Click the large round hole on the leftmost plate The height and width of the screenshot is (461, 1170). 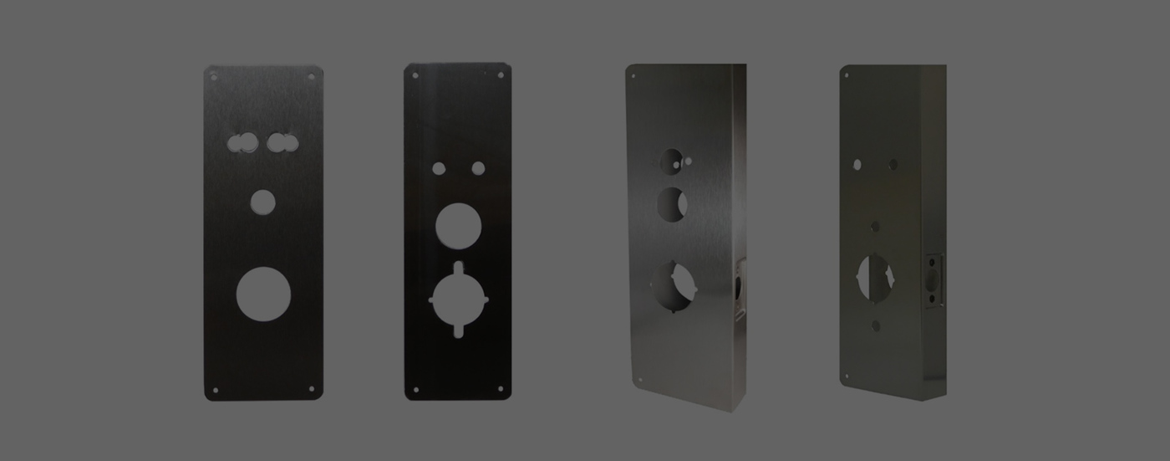click(263, 295)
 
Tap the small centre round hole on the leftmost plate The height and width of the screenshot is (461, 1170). click(262, 202)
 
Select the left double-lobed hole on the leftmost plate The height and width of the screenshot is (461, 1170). click(242, 142)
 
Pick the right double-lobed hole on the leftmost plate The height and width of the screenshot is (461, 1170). click(282, 142)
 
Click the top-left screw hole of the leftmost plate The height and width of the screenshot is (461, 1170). click(214, 77)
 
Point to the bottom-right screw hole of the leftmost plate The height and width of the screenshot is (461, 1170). click(312, 388)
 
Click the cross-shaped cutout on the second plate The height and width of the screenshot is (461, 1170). click(458, 299)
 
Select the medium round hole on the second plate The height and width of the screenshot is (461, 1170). click(458, 226)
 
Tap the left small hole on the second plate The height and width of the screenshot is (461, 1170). click(439, 168)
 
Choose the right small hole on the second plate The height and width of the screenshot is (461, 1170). click(478, 168)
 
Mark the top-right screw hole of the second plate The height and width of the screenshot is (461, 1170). click(501, 75)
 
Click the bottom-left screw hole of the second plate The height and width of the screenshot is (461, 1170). click(415, 389)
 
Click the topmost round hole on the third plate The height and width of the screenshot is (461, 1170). click(672, 161)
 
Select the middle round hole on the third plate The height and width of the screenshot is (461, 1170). click(672, 204)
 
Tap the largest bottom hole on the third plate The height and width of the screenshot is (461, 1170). click(674, 286)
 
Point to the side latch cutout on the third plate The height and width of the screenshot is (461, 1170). click(740, 289)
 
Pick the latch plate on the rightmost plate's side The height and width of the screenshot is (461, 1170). click(933, 280)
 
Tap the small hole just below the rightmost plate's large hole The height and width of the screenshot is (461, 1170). click(876, 325)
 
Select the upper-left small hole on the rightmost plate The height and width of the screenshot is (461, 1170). click(857, 165)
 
